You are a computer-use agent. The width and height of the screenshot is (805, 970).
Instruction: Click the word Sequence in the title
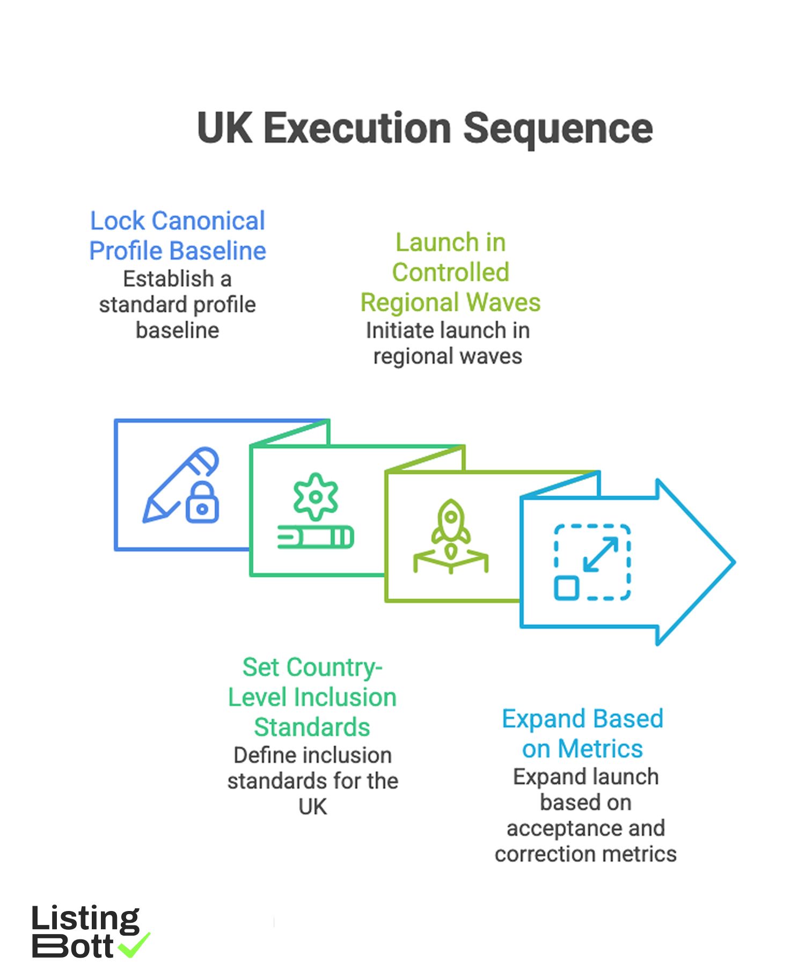558,129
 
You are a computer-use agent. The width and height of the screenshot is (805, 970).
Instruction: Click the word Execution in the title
357,129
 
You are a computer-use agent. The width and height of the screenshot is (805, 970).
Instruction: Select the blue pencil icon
177,483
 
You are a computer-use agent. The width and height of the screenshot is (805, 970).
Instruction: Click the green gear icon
316,497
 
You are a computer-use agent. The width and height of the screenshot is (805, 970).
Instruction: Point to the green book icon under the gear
316,537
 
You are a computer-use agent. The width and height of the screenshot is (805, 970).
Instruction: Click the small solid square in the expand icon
566,588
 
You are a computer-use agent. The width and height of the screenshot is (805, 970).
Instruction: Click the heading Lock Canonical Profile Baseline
177,236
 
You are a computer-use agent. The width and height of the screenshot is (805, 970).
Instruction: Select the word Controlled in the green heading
450,273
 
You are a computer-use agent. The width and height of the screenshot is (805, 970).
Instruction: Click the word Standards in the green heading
312,727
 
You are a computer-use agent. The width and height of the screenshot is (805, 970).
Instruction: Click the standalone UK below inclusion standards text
312,807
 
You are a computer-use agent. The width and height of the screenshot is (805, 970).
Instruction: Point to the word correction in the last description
543,854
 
